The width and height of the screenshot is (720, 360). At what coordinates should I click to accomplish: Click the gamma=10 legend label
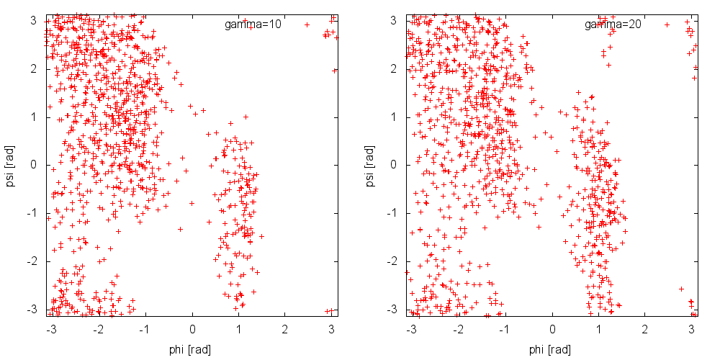point(252,24)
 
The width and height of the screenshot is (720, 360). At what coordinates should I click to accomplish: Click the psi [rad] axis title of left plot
point(11,165)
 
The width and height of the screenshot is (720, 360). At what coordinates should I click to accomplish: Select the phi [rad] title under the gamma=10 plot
point(192,349)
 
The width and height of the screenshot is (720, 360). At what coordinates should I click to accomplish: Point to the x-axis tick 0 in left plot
point(192,328)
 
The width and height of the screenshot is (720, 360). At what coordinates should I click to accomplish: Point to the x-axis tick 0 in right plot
point(552,328)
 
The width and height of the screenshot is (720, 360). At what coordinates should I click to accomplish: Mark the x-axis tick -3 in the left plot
point(51,328)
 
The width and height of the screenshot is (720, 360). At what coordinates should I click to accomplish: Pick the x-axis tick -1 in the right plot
point(505,328)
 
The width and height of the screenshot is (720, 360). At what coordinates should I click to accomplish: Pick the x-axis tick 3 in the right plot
point(691,328)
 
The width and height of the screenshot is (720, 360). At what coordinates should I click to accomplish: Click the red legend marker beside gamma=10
point(307,24)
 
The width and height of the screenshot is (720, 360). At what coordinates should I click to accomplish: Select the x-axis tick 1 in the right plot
point(599,328)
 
